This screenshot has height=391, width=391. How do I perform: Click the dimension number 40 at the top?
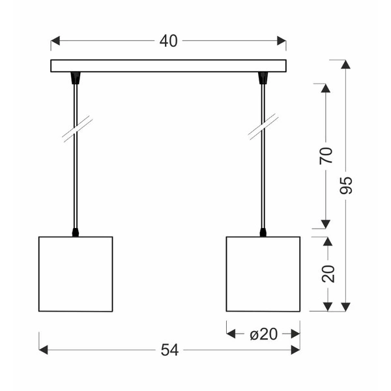pos(168,41)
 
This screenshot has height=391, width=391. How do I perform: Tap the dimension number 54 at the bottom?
pos(169,350)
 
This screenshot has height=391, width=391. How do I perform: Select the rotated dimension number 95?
pos(346,186)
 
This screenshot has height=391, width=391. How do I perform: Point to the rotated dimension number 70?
pos(326,155)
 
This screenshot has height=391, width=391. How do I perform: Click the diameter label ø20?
pos(263,334)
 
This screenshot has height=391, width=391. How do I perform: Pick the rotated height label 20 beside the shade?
pos(328,273)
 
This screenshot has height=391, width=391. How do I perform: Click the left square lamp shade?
pos(76,274)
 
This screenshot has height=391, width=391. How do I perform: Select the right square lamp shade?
pos(263,274)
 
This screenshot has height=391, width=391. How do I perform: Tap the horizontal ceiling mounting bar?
pos(168,66)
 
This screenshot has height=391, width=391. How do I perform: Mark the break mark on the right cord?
pos(263,127)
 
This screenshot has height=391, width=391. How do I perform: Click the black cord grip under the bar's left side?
pos(76,78)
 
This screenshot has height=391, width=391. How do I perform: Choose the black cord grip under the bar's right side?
pos(263,78)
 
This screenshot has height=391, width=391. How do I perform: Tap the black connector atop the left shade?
pos(76,231)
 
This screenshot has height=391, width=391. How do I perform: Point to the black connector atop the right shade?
pos(263,231)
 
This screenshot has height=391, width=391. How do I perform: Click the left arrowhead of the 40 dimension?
pos(55,41)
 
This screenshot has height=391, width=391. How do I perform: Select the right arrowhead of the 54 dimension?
pos(295,350)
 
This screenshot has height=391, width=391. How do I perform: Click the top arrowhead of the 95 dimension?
pos(346,64)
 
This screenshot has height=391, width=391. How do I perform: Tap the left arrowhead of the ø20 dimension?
pos(231,334)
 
